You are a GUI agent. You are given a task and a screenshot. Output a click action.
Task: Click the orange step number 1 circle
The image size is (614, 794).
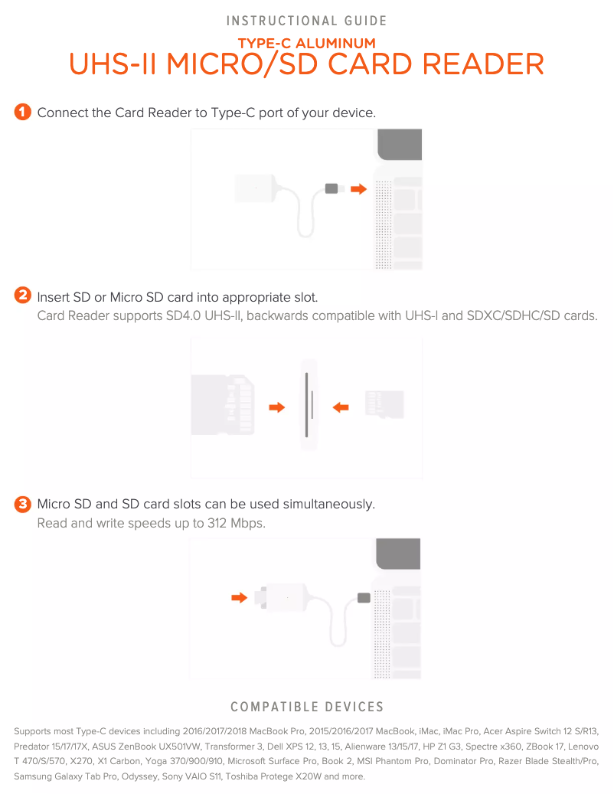23,112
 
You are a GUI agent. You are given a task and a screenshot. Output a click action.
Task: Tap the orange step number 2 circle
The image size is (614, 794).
23,295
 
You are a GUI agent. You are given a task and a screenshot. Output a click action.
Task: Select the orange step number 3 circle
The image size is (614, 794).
23,504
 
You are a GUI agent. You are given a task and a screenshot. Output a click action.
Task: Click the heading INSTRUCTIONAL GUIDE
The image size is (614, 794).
306,21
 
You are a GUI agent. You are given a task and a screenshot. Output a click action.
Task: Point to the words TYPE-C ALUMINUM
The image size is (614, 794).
307,43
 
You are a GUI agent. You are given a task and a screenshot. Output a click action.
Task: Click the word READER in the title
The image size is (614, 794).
483,64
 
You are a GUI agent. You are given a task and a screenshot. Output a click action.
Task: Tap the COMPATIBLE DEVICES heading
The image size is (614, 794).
307,707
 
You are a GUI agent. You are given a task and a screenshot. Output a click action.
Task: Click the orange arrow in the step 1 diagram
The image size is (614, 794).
358,189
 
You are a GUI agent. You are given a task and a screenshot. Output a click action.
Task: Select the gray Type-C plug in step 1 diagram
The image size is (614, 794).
331,188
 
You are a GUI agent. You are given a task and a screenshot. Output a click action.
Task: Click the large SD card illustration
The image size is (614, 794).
223,404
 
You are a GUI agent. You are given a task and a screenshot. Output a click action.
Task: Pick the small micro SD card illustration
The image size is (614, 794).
384,404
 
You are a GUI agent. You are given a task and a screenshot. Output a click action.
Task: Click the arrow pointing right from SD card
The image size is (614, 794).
277,407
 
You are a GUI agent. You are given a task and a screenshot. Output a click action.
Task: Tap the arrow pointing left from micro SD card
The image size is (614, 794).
341,407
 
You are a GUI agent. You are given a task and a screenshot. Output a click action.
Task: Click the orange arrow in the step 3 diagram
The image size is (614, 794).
239,597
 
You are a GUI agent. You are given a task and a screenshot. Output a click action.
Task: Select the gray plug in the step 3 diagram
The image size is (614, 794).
364,597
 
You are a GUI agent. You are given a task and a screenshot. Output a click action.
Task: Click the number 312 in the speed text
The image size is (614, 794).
217,523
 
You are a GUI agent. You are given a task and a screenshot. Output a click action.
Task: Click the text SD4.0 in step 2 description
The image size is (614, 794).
183,316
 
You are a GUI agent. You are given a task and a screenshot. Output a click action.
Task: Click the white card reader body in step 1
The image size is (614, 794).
256,188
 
